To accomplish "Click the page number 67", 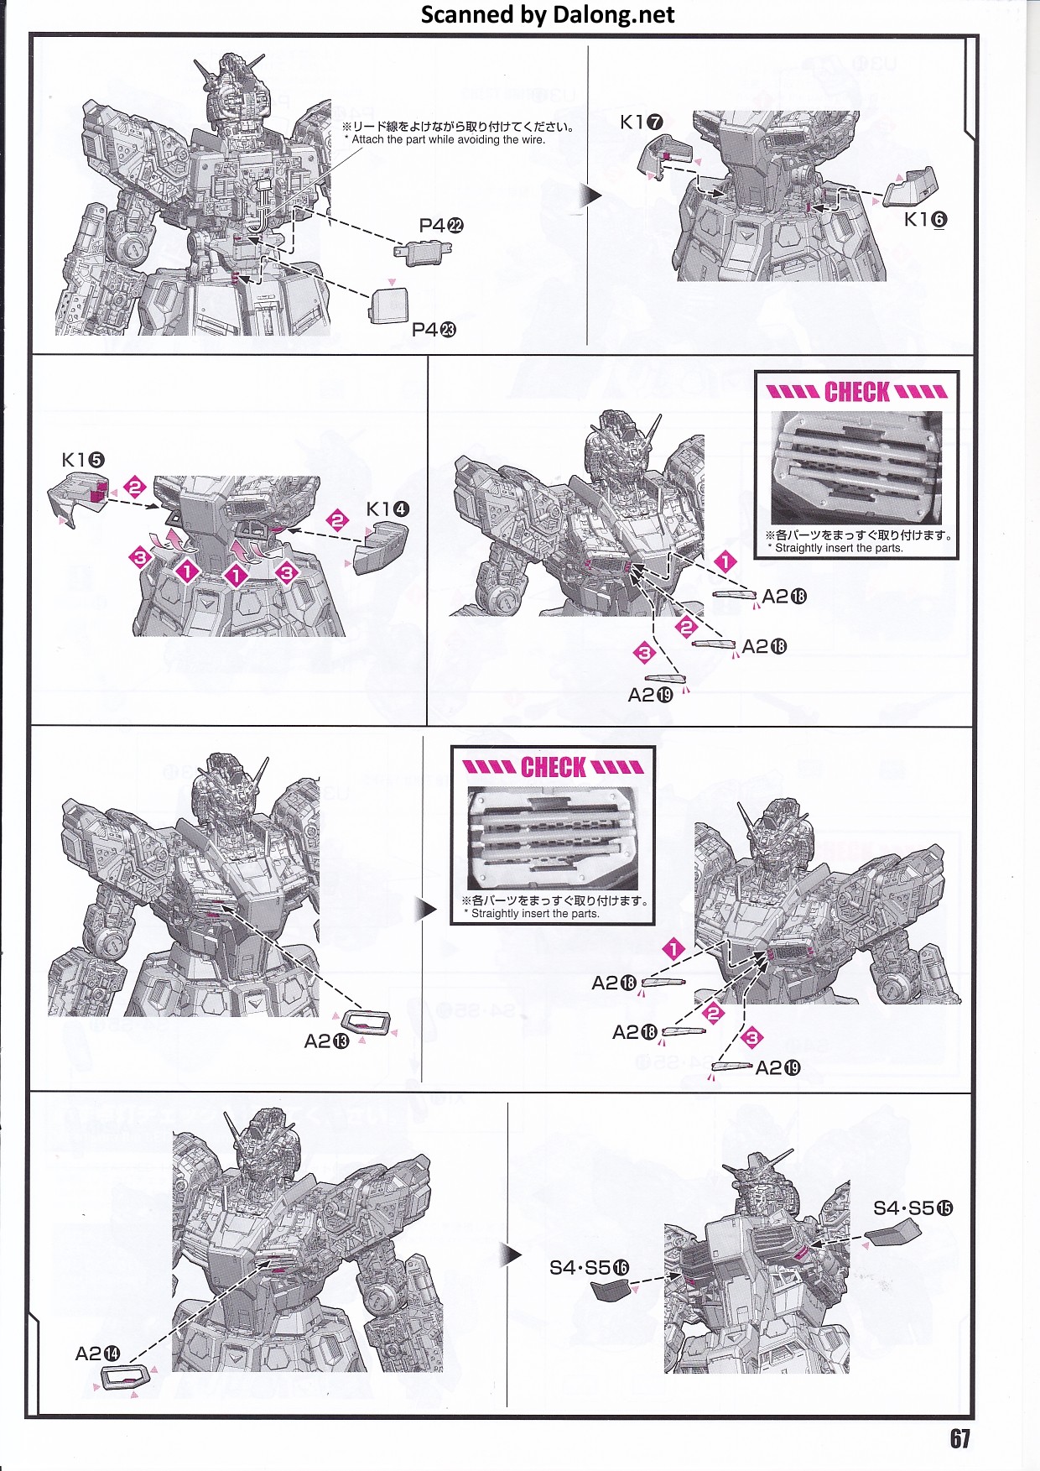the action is point(959,1439).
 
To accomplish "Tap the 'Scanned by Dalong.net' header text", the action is point(548,15).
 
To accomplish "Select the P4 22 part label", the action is point(441,226).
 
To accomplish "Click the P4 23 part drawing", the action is point(388,305).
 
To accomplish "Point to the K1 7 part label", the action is point(642,123).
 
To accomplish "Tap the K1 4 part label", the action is point(388,509).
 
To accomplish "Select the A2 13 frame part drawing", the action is point(367,1023).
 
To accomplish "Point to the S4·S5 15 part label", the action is point(913,1208).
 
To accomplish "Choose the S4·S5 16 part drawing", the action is point(610,1288).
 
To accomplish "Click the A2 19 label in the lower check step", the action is point(777,1067).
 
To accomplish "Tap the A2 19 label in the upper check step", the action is point(650,695).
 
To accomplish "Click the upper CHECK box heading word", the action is point(856,392).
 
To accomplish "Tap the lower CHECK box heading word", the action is point(554,767).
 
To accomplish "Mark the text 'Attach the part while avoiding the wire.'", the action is point(448,140).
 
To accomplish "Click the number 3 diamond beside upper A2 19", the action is point(644,652).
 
